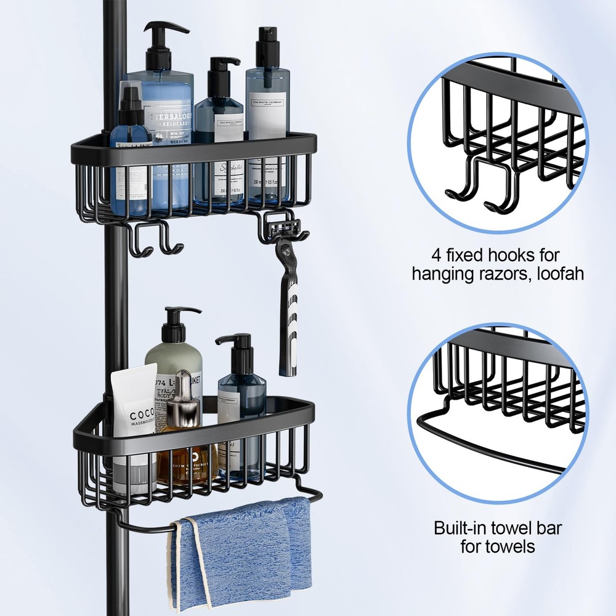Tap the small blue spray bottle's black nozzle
130,98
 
